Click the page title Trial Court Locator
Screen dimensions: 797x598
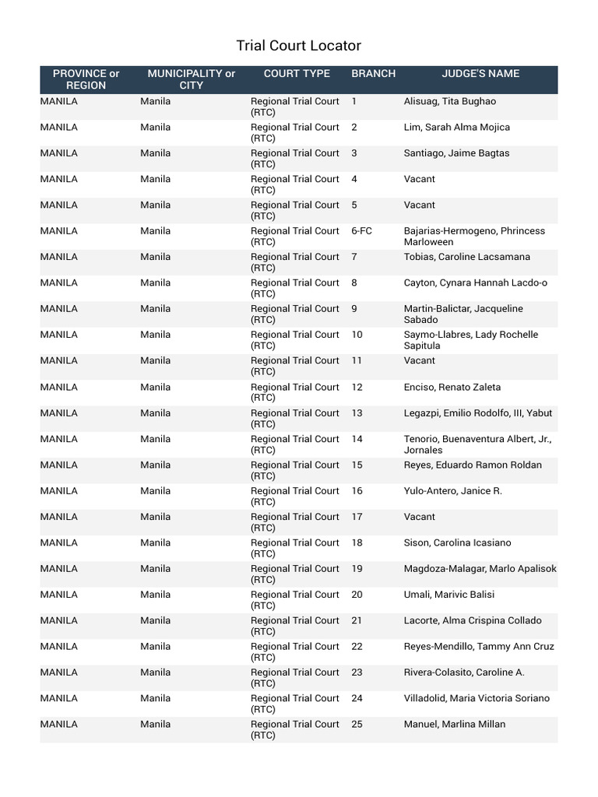click(x=298, y=46)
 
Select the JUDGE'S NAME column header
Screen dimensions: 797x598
click(x=480, y=74)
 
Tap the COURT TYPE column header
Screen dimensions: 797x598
click(x=297, y=74)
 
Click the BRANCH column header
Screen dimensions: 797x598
click(x=373, y=74)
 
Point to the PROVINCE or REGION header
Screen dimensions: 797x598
click(x=86, y=79)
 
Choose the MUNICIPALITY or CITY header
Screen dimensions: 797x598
click(x=191, y=79)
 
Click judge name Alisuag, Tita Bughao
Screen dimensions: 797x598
click(x=449, y=101)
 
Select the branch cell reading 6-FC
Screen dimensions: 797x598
click(x=361, y=231)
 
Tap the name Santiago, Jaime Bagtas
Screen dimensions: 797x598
click(x=456, y=153)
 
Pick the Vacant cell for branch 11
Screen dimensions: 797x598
click(x=419, y=361)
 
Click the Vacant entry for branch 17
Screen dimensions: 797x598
click(x=419, y=517)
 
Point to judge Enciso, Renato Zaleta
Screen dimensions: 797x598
click(x=452, y=388)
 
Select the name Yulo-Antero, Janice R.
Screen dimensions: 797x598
click(x=452, y=491)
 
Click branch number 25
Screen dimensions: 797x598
click(x=357, y=725)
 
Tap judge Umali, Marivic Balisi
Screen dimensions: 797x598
click(x=448, y=595)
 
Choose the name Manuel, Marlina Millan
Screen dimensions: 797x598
click(x=454, y=725)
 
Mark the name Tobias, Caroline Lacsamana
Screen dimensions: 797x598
click(x=466, y=257)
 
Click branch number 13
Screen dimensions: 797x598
click(x=357, y=413)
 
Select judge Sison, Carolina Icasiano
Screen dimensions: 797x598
click(x=457, y=542)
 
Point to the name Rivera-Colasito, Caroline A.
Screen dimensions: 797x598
click(x=463, y=672)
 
